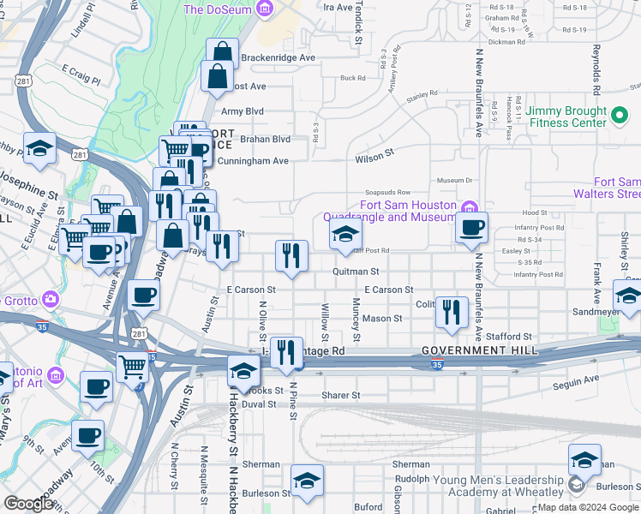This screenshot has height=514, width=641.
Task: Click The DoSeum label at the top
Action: (x=220, y=9)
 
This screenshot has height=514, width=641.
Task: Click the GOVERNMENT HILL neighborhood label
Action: (x=479, y=351)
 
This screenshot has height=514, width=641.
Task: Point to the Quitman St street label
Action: (x=356, y=271)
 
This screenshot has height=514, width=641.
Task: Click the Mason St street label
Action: (x=381, y=318)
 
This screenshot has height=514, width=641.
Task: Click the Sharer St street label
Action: (x=341, y=395)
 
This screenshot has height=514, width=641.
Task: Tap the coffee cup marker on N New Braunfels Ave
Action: (x=471, y=228)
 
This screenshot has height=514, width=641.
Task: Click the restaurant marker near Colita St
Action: (x=451, y=312)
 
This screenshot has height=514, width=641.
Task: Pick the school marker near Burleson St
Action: (x=307, y=481)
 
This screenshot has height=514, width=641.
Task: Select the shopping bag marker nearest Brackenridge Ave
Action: (x=222, y=54)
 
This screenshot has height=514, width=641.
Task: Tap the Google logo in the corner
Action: (x=28, y=503)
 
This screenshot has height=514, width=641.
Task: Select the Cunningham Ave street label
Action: (x=253, y=161)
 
